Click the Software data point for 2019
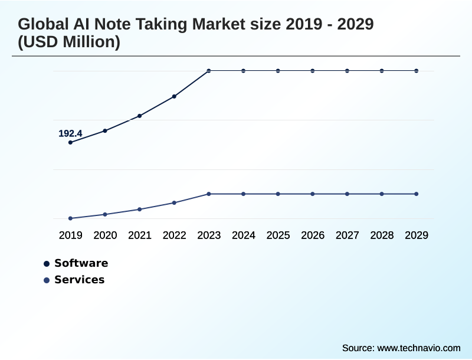pos(70,142)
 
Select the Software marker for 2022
pos(174,96)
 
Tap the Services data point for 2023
pos(209,194)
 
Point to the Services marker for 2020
pos(105,214)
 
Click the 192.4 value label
pos(70,133)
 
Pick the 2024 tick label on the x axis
pos(243,235)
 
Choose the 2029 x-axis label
pos(417,235)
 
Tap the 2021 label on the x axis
pos(140,235)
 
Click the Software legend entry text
pos(81,263)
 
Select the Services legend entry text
pos(79,280)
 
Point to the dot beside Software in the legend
pos(47,263)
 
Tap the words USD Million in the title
pos(69,42)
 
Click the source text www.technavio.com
pos(418,348)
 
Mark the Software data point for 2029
pos(417,71)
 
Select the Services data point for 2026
pos(313,194)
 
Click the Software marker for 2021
pos(140,116)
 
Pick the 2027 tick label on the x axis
pos(347,235)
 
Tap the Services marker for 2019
pos(70,218)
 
